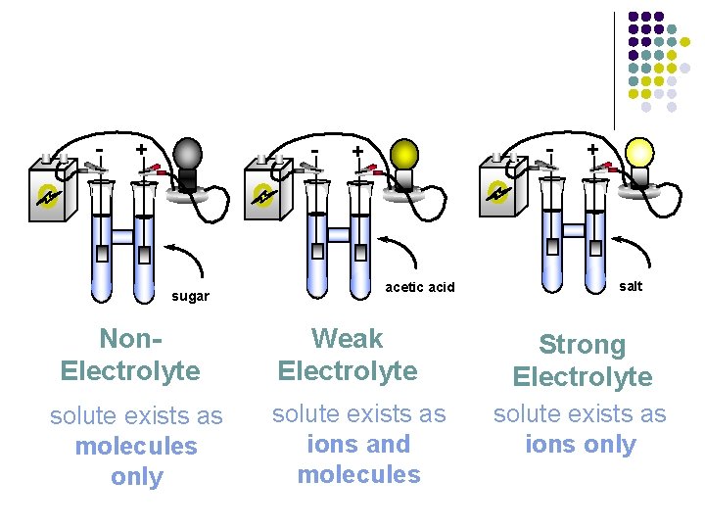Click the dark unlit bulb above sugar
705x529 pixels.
click(187, 154)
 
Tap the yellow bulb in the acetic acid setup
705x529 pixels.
click(403, 154)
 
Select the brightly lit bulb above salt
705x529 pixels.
click(638, 151)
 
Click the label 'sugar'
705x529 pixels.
click(190, 296)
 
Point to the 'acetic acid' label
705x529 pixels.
click(420, 287)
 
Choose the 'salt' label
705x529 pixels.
click(632, 286)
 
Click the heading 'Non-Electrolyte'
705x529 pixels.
click(130, 356)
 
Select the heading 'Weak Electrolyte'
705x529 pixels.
click(348, 355)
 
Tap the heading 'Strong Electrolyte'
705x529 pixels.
click(582, 361)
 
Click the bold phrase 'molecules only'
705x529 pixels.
click(136, 461)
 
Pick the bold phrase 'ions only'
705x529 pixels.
click(581, 445)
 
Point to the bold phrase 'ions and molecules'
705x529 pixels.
click(358, 459)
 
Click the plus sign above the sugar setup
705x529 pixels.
click(142, 149)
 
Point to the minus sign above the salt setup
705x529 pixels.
click(550, 149)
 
